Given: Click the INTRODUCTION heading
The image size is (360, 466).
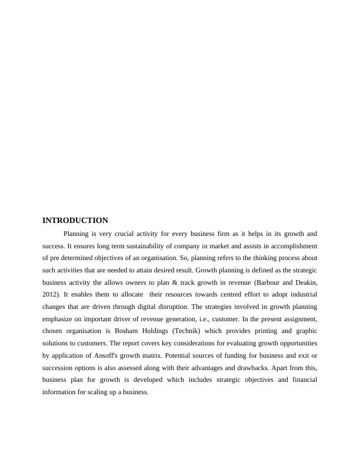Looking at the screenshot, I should pos(75,221).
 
